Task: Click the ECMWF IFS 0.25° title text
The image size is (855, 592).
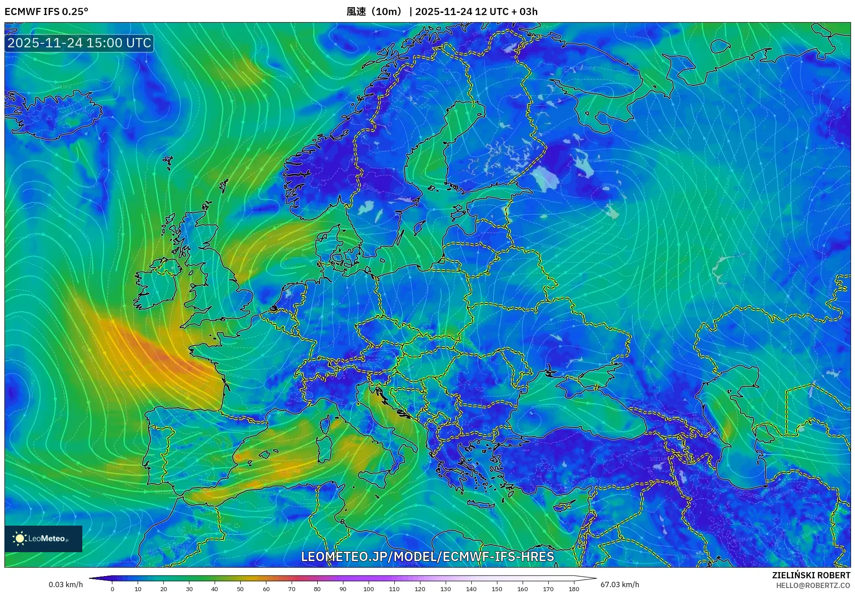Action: tap(46, 12)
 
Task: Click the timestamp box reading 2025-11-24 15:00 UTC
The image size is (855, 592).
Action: tap(79, 43)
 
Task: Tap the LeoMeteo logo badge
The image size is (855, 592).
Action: tap(43, 538)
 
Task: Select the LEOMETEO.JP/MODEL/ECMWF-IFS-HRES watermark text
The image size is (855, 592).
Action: tap(427, 556)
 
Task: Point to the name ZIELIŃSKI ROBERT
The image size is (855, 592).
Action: tap(811, 575)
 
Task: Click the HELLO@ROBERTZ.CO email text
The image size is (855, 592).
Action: tap(813, 585)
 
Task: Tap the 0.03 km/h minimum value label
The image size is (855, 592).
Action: tap(65, 584)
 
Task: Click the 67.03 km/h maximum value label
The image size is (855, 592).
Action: tap(620, 584)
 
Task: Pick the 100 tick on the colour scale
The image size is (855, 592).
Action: tap(368, 588)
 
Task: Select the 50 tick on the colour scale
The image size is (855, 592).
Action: tap(240, 588)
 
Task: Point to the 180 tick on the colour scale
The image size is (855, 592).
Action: tap(574, 588)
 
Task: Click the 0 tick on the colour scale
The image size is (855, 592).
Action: tap(112, 588)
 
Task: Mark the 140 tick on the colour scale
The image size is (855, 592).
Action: tap(471, 588)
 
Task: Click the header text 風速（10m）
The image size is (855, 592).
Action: tap(374, 12)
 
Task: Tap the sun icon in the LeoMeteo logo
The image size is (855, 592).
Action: tap(20, 538)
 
